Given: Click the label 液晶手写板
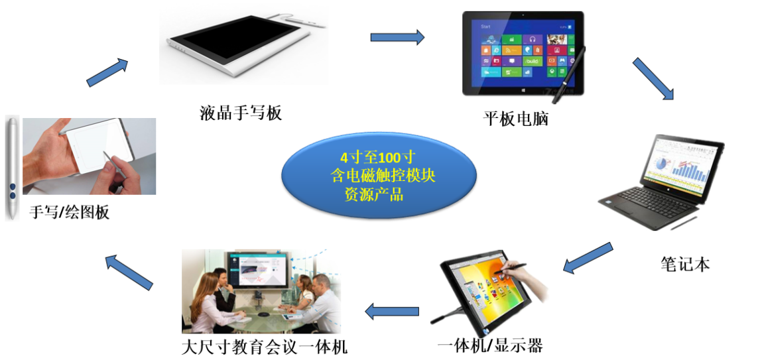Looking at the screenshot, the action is (x=241, y=113).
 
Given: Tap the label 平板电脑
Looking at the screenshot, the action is (x=515, y=118).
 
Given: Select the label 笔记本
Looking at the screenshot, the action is (x=685, y=263).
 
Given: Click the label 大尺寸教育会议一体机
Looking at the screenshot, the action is (x=264, y=347).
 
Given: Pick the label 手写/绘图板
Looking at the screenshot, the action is (x=70, y=211).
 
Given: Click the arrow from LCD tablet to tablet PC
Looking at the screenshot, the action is (x=397, y=37).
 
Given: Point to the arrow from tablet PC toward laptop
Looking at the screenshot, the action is (x=653, y=79).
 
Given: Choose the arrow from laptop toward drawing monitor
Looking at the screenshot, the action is (x=588, y=257).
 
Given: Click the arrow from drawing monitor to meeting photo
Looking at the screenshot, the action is (x=392, y=310).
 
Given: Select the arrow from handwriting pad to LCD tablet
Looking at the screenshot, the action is (x=107, y=72).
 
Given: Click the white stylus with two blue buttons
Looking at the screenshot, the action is (x=12, y=168).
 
